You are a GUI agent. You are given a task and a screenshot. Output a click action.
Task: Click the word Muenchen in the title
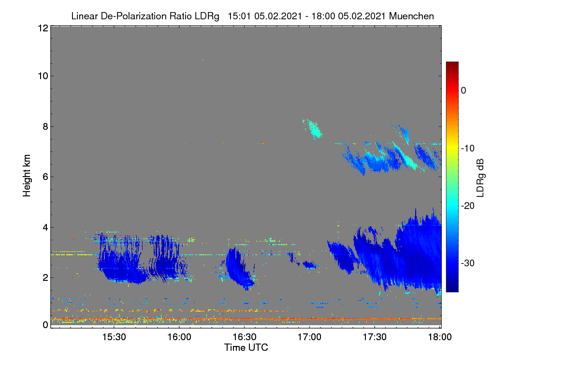tap(411, 16)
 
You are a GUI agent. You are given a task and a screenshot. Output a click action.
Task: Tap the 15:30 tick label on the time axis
tap(114, 337)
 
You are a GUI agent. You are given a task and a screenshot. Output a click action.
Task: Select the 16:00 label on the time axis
tap(179, 337)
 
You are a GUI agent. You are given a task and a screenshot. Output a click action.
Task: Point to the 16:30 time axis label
tap(245, 337)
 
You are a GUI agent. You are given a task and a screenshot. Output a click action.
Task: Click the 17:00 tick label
tap(309, 337)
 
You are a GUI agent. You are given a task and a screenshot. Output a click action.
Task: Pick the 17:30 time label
tap(375, 337)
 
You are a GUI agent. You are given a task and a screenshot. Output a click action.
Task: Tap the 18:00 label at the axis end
tap(440, 337)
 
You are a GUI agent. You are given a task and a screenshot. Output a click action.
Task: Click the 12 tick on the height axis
tap(43, 28)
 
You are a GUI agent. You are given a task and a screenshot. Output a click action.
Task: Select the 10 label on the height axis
tap(43, 76)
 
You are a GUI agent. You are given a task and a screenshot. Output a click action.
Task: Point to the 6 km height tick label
tap(45, 177)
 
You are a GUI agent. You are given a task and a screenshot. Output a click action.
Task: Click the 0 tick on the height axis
tap(45, 325)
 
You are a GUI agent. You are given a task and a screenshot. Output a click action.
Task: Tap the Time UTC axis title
tap(246, 347)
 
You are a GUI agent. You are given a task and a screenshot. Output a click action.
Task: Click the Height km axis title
tap(27, 176)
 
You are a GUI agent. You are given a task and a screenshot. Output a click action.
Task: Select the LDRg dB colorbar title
tap(480, 178)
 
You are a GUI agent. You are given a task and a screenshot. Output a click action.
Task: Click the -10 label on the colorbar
tap(468, 149)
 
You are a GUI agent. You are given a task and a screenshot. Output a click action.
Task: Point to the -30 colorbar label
tap(468, 263)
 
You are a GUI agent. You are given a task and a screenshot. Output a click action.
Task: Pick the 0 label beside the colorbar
tap(464, 91)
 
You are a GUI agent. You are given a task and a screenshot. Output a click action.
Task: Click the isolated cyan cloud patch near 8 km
tap(313, 129)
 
